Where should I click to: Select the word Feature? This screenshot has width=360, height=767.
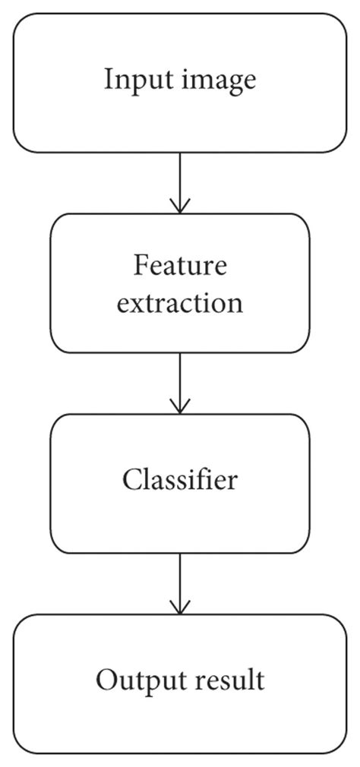[x=180, y=267]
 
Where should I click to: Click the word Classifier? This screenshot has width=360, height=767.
[x=180, y=480]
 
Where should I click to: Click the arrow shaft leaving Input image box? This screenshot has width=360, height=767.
[x=180, y=178]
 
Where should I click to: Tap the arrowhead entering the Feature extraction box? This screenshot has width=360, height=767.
[x=180, y=207]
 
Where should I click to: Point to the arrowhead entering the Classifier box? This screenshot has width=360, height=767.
[x=180, y=407]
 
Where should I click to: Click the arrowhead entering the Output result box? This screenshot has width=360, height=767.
[x=180, y=608]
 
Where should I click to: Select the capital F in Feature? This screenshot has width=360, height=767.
[x=140, y=267]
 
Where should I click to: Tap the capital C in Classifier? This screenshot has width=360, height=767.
[x=130, y=480]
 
